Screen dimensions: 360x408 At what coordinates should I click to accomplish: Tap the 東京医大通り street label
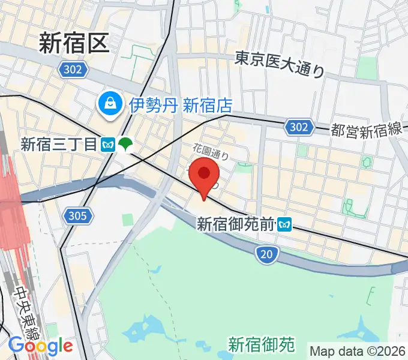tap(280, 64)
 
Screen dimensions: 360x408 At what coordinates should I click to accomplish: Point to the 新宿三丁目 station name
tap(58, 144)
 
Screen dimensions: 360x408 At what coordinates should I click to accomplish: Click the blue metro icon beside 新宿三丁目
tap(109, 145)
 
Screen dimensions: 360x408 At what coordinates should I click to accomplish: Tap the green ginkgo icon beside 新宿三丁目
tap(125, 145)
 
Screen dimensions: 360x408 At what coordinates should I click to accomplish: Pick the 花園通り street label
tap(211, 150)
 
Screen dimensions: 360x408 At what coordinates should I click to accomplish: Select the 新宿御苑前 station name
tap(236, 224)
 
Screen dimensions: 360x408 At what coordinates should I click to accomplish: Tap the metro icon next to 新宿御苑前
tap(284, 225)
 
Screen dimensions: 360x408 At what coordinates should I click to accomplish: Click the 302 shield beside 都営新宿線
tap(298, 127)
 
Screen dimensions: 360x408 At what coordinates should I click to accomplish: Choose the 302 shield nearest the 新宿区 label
tap(71, 70)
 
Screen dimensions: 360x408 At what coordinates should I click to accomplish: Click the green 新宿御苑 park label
tap(262, 344)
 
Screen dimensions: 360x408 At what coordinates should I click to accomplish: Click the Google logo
tap(40, 346)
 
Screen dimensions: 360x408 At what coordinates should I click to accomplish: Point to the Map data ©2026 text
tap(358, 350)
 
